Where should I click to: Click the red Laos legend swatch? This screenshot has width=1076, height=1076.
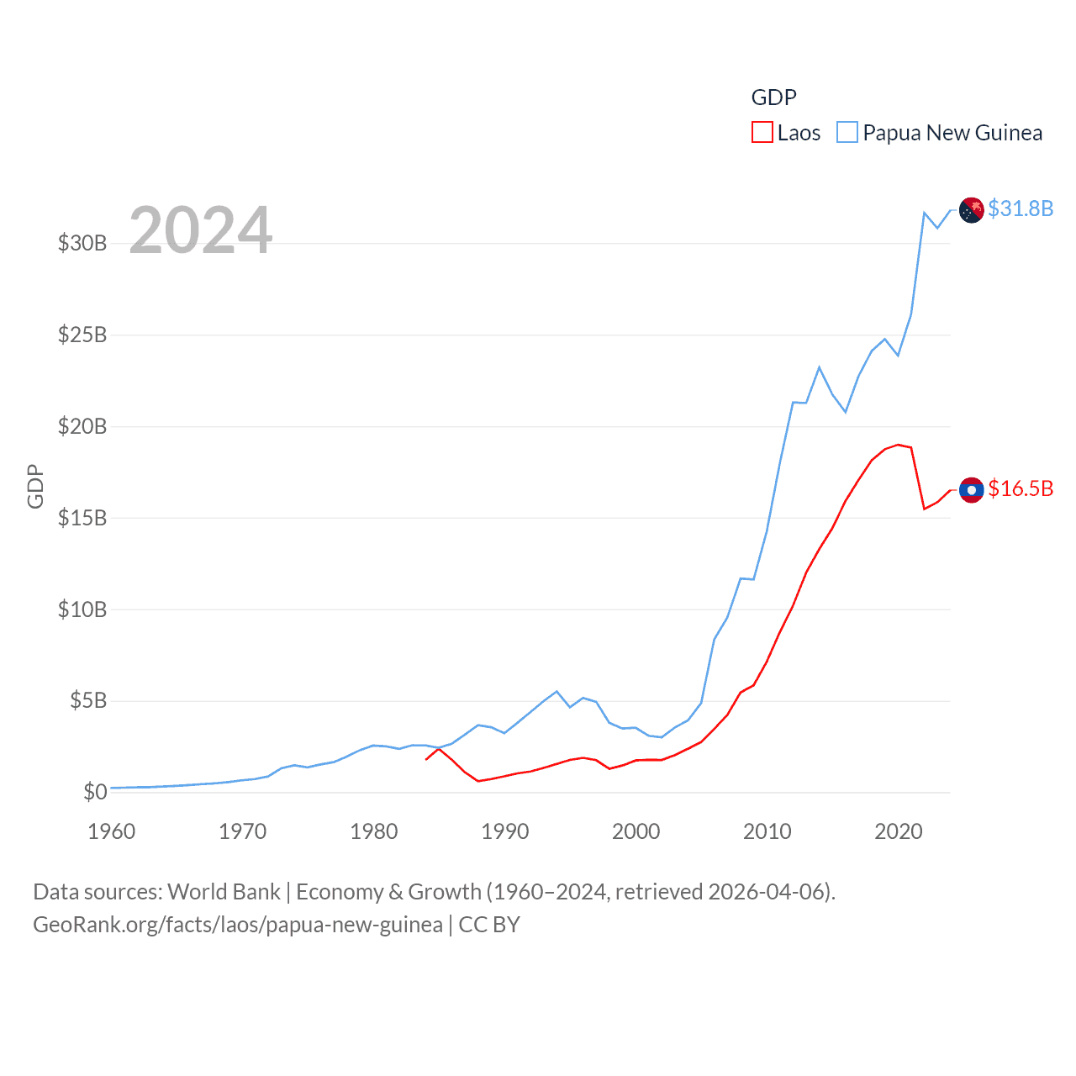pyautogui.click(x=762, y=133)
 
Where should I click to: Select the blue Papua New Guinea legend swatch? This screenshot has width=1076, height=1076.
pyautogui.click(x=847, y=133)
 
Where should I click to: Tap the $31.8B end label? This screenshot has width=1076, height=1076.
pyautogui.click(x=1021, y=208)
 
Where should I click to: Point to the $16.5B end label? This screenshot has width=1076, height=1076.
pyautogui.click(x=1021, y=488)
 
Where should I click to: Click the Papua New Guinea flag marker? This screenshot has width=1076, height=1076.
pyautogui.click(x=972, y=209)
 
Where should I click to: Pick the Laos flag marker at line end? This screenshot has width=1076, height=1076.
pyautogui.click(x=972, y=489)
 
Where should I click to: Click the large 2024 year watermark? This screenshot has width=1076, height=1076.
pyautogui.click(x=201, y=230)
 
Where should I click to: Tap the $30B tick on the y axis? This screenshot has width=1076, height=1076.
pyautogui.click(x=82, y=244)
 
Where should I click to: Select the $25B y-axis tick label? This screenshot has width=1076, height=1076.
pyautogui.click(x=82, y=335)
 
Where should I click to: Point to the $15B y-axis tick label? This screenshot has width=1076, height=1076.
pyautogui.click(x=82, y=518)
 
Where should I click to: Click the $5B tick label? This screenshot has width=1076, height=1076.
pyautogui.click(x=88, y=701)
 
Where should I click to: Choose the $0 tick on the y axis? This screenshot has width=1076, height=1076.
pyautogui.click(x=95, y=792)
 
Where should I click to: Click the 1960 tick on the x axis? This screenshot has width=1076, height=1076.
pyautogui.click(x=112, y=832)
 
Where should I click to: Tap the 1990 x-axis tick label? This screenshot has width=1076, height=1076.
pyautogui.click(x=505, y=832)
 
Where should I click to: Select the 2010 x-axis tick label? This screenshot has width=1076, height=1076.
pyautogui.click(x=767, y=832)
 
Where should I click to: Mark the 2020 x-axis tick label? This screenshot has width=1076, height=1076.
pyautogui.click(x=899, y=832)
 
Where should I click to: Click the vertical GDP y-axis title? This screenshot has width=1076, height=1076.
pyautogui.click(x=35, y=486)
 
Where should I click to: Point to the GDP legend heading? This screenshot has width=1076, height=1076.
pyautogui.click(x=773, y=98)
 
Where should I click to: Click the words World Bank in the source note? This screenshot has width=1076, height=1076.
pyautogui.click(x=224, y=892)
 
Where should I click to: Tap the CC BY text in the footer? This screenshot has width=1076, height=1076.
pyautogui.click(x=489, y=925)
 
